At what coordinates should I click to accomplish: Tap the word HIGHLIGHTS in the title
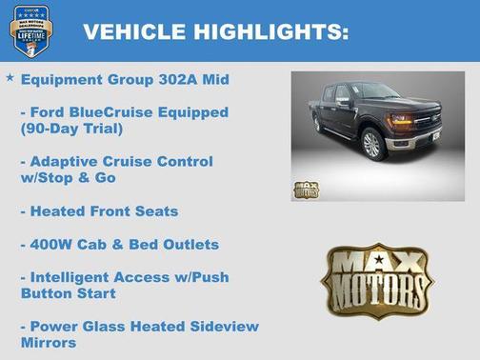[x=272, y=32]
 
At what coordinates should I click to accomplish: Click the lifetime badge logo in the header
[x=31, y=30]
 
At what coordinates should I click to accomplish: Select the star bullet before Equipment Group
[x=10, y=77]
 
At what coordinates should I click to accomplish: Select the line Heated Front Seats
[x=99, y=210]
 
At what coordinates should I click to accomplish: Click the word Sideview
[x=221, y=327]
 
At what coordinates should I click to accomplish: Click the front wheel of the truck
[x=372, y=143]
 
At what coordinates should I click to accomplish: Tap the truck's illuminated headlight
[x=400, y=121]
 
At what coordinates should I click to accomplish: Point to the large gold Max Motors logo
[x=376, y=280]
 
